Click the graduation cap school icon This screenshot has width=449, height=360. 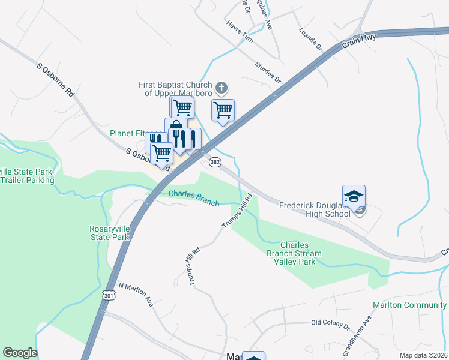pos(354,196)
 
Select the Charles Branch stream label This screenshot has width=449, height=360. pos(193,197)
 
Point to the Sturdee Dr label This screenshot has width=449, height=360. pos(268,71)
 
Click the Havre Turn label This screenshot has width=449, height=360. pos(240,31)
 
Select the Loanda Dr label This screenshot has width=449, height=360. pos(310,38)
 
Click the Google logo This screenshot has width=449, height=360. pos(20,353)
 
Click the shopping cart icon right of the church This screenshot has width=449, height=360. pos(223,110)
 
